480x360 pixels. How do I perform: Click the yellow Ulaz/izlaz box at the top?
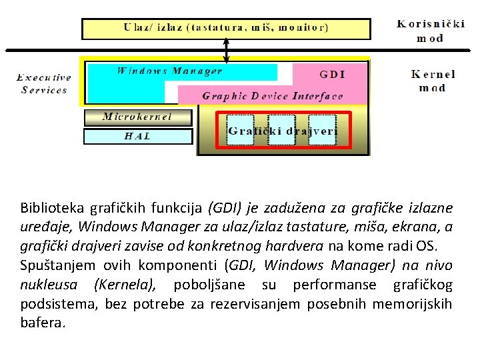click(225, 29)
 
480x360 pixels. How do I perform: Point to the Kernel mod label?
click(433, 81)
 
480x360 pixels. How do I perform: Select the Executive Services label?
click(44, 83)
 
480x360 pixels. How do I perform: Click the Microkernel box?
click(137, 117)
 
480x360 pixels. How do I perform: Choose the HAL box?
click(137, 136)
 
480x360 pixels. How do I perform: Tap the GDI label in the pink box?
click(332, 74)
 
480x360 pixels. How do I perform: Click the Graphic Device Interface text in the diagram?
click(272, 96)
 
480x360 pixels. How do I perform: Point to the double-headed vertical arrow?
click(227, 50)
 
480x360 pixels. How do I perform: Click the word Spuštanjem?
click(55, 265)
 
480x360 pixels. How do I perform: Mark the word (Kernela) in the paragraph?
click(125, 285)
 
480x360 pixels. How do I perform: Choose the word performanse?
click(333, 285)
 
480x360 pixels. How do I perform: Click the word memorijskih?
click(412, 304)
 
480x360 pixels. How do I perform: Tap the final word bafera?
click(43, 323)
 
